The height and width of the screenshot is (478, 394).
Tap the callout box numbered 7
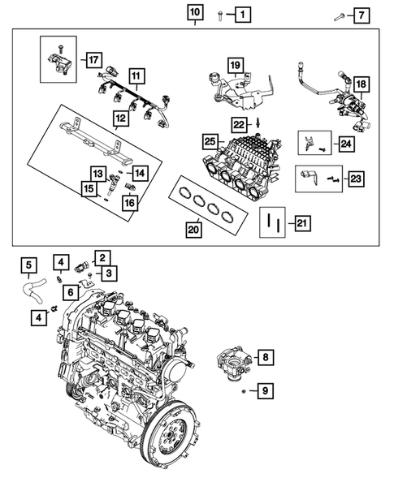362,14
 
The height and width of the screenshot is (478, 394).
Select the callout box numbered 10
195,13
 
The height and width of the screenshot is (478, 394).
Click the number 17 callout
94,59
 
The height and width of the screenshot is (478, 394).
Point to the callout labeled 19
235,64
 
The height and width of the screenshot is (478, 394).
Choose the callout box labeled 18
362,84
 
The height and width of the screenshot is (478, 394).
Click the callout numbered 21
300,222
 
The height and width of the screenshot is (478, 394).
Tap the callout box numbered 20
194,230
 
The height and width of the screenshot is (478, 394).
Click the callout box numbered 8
264,355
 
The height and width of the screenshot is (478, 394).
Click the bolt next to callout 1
221,14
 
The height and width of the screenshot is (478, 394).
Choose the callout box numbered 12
119,118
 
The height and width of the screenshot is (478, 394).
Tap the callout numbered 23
354,179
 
